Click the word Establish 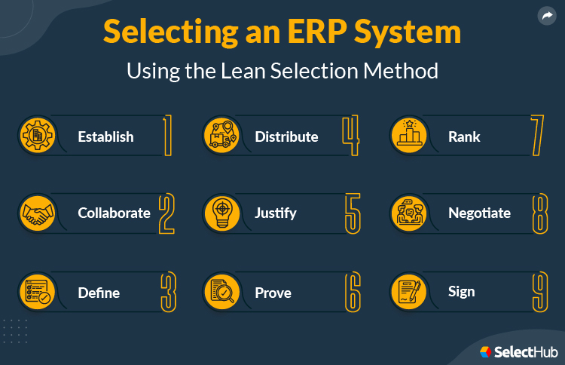105,136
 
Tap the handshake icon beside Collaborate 35,213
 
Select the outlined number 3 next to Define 169,292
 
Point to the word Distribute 286,136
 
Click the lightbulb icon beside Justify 222,213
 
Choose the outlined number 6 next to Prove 353,292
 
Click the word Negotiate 479,213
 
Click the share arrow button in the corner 546,16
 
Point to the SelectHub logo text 525,351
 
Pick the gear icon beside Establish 35,136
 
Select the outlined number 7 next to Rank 537,136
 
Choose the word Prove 273,292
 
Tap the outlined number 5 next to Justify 353,213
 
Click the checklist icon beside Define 35,292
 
